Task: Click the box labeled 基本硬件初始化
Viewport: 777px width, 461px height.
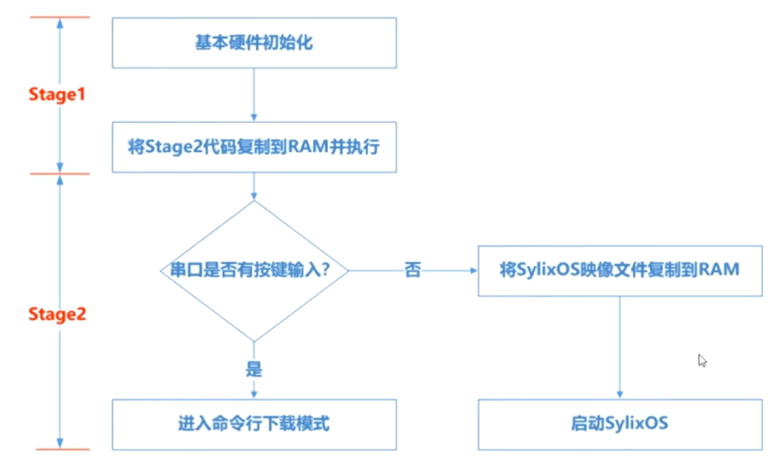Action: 253,43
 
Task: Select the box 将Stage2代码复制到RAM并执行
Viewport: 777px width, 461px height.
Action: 253,147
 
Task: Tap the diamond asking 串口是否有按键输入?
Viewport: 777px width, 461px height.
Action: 253,270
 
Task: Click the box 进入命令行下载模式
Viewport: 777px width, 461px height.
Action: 253,425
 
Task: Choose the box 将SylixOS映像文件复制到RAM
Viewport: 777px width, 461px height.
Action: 620,270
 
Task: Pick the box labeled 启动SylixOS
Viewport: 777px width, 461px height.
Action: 620,425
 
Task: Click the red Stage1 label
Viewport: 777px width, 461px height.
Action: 57,94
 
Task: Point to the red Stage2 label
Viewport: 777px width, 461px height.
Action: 57,314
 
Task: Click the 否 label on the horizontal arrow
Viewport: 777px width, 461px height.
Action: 413,270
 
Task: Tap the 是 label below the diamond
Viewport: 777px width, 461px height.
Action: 253,370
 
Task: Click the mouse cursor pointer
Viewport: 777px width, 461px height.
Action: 701,360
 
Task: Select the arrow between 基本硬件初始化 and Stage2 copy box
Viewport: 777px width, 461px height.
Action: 253,95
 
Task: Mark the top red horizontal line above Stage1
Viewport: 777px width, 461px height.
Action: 59,17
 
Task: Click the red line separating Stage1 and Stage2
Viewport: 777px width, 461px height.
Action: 59,173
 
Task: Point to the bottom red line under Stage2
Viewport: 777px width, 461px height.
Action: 59,449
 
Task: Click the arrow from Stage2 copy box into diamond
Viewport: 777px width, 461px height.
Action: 253,186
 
